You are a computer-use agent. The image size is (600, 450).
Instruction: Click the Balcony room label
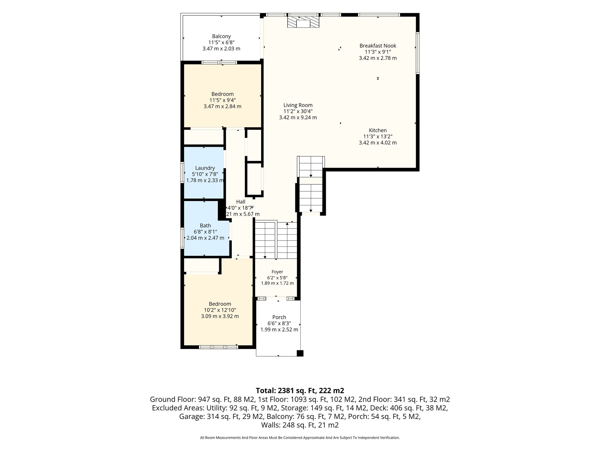tap(221, 36)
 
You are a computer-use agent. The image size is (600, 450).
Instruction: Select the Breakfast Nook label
tap(378, 46)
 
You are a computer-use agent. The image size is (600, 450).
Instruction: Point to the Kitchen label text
tap(378, 130)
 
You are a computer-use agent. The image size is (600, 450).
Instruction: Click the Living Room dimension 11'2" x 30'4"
tap(298, 111)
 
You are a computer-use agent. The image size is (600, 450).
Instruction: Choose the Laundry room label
tap(205, 168)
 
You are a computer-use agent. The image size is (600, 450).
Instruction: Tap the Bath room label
tap(205, 226)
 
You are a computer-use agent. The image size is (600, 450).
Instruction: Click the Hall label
tap(241, 202)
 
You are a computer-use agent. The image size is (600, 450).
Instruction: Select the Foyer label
tap(277, 272)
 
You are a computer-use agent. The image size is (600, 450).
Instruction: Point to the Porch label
tap(279, 317)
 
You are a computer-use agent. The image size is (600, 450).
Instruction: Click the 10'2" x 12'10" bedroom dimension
tap(220, 310)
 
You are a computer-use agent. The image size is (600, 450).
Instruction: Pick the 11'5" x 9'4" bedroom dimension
tap(223, 100)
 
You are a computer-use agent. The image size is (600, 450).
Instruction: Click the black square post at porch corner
tap(300, 353)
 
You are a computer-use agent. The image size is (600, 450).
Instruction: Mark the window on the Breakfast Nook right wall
tap(418, 53)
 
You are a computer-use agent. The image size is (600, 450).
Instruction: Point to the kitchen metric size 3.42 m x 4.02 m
tap(378, 143)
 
